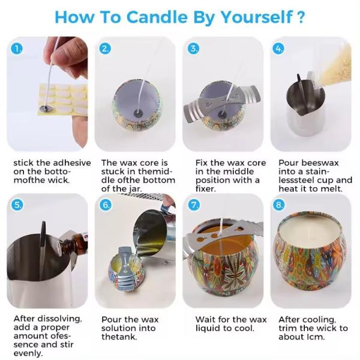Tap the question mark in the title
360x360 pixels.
click(300, 16)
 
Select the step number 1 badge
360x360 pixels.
click(18, 49)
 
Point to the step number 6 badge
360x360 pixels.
click(106, 205)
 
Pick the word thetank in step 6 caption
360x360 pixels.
click(119, 337)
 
